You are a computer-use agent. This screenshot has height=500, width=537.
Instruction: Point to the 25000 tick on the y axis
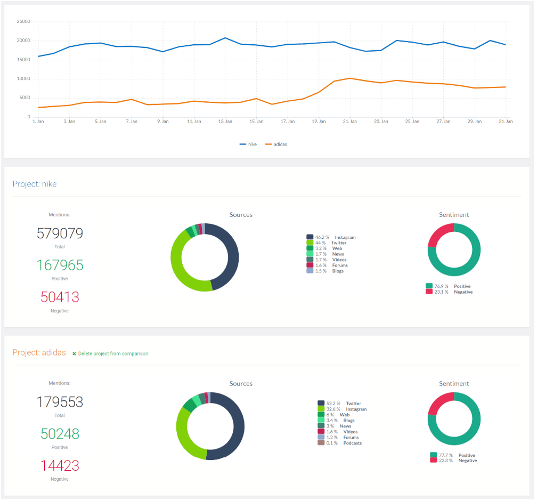[23, 22]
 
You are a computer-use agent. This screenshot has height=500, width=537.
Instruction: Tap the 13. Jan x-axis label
[225, 122]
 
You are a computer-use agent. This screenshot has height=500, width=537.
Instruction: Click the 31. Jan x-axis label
[505, 122]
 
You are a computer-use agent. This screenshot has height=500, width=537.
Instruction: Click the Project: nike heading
[35, 184]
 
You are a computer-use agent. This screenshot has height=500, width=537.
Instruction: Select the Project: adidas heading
[39, 353]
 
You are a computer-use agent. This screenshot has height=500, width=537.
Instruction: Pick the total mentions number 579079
[60, 233]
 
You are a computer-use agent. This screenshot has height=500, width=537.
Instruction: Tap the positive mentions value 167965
[60, 265]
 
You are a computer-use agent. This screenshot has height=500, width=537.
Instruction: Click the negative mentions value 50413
[60, 297]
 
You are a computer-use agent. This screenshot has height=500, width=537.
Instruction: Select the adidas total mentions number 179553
[60, 402]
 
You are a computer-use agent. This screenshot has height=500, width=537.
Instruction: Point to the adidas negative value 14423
[60, 465]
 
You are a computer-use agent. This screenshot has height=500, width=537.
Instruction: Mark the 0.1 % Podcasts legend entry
[341, 443]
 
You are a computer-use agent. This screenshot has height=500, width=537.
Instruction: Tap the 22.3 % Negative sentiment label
[453, 461]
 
